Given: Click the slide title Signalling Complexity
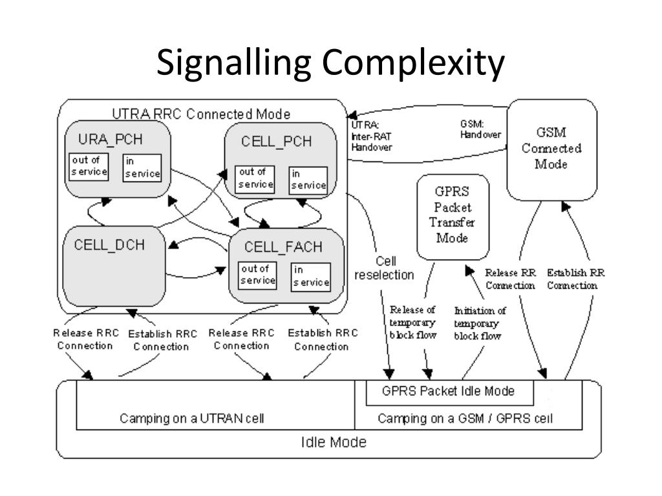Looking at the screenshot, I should pyautogui.click(x=330, y=64).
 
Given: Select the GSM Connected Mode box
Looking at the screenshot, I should pyautogui.click(x=551, y=149).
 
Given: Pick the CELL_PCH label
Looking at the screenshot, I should pyautogui.click(x=277, y=143).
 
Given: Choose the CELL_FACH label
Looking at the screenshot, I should pyautogui.click(x=283, y=247).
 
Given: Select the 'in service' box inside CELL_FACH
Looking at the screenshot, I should pyautogui.click(x=310, y=276).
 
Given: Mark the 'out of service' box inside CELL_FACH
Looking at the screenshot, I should pyautogui.click(x=257, y=275).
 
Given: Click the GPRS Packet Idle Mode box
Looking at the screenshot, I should pyautogui.click(x=448, y=391).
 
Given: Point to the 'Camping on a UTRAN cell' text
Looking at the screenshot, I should pyautogui.click(x=192, y=418).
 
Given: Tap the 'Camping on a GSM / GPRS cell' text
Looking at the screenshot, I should pyautogui.click(x=465, y=418).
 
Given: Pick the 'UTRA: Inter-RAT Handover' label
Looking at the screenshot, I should pyautogui.click(x=371, y=136).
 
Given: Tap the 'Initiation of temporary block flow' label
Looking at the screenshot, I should pyautogui.click(x=480, y=323).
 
